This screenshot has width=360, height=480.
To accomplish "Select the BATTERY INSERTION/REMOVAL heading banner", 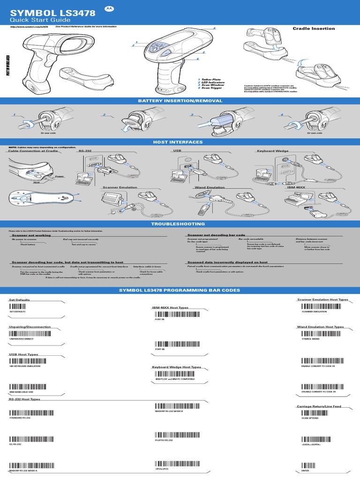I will pos(180,101).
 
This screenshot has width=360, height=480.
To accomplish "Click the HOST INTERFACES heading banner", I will pos(180,142).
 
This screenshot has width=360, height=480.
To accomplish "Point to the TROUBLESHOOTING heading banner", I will pos(180,224).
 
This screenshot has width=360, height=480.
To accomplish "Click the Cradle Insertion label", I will pos(314,29).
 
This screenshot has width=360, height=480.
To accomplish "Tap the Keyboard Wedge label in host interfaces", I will pos(272,151).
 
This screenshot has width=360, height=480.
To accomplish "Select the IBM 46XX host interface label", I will pos(296,187).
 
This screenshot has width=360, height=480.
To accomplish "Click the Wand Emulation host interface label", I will pos(210,187).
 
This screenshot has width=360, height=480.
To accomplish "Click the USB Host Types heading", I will pos(23,354).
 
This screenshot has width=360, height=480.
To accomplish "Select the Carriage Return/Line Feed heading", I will pos(319,406).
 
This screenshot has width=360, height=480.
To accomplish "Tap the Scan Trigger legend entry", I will pos(212,88).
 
